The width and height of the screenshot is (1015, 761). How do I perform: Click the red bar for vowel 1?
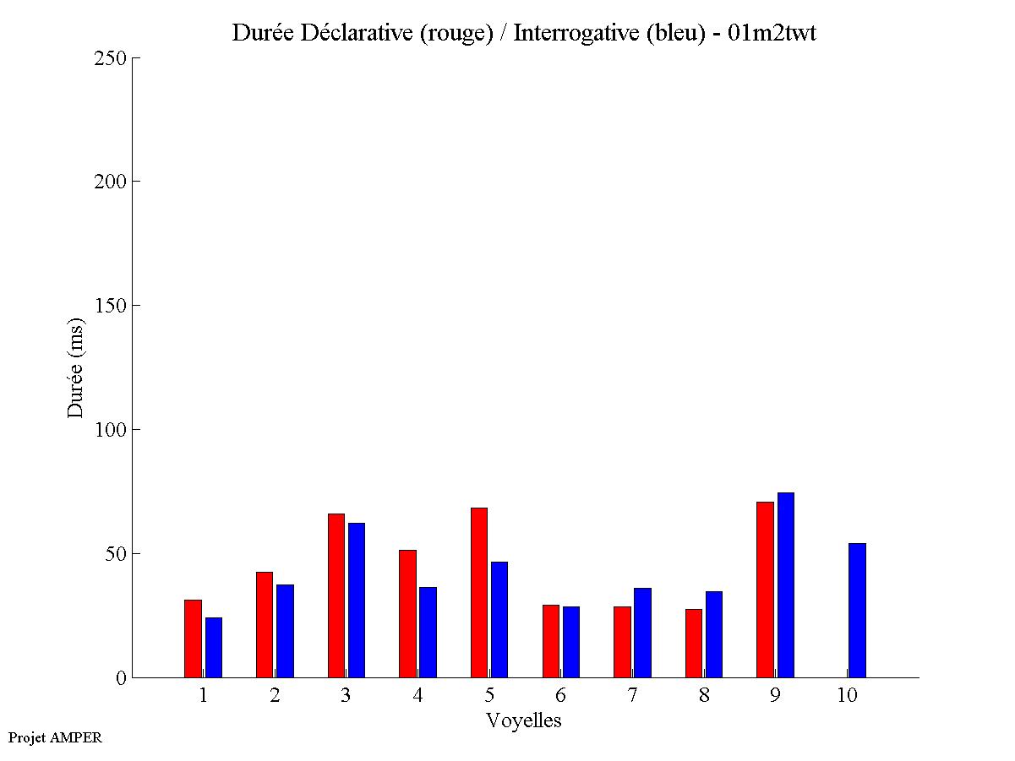pyautogui.click(x=193, y=639)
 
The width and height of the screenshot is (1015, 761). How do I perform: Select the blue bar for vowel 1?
pyautogui.click(x=214, y=648)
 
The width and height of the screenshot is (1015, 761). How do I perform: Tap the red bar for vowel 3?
pyautogui.click(x=336, y=595)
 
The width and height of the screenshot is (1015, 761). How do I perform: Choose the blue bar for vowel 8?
pyautogui.click(x=714, y=634)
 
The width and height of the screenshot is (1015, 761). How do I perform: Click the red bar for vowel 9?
pyautogui.click(x=765, y=590)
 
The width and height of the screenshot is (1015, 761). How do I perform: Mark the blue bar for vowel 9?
pyautogui.click(x=786, y=584)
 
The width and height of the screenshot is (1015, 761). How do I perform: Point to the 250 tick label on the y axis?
pyautogui.click(x=111, y=58)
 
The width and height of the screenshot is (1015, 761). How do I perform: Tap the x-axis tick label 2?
pyautogui.click(x=275, y=696)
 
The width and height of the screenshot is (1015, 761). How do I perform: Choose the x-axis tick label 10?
pyautogui.click(x=847, y=696)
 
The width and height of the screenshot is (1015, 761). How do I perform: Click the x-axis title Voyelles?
pyautogui.click(x=524, y=720)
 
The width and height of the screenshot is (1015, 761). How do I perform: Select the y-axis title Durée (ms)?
pyautogui.click(x=76, y=367)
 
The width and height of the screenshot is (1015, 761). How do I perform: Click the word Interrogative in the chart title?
pyautogui.click(x=570, y=33)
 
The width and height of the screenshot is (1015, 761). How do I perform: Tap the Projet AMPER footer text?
pyautogui.click(x=55, y=737)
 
